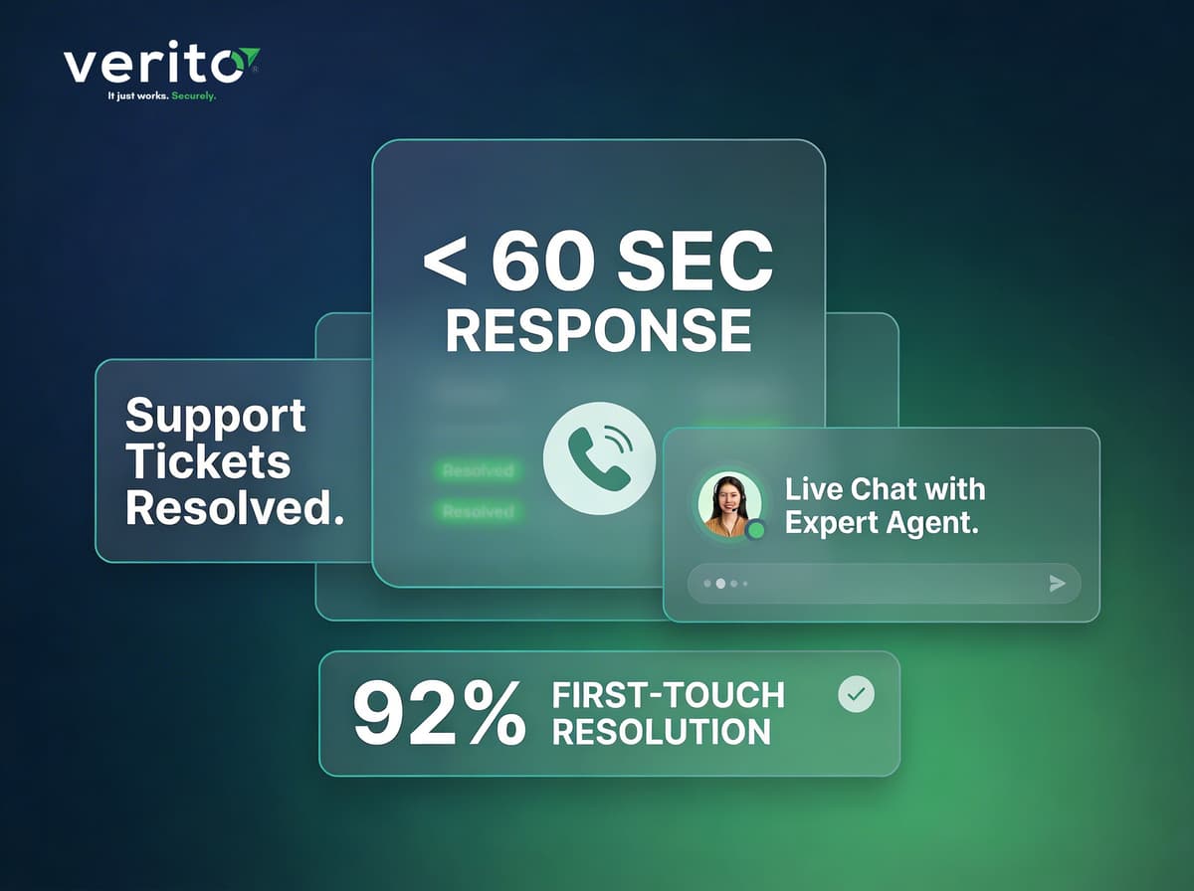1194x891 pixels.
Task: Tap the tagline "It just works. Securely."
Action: (x=162, y=96)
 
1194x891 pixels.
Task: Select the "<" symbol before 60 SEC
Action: (x=445, y=263)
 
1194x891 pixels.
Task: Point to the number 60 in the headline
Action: (x=541, y=263)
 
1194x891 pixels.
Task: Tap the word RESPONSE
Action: (x=598, y=330)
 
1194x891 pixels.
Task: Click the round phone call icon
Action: (x=598, y=458)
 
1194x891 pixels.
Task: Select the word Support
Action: (x=216, y=416)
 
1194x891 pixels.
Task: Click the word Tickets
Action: (x=208, y=462)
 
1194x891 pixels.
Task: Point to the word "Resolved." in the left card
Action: (x=235, y=508)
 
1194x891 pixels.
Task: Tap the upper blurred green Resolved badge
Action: (x=479, y=470)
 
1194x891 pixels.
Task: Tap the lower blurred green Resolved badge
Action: (x=479, y=511)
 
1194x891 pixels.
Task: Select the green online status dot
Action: (x=755, y=530)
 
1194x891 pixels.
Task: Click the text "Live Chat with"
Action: (x=885, y=489)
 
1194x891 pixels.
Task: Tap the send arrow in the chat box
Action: (x=1058, y=584)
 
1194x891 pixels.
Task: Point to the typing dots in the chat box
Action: (x=726, y=584)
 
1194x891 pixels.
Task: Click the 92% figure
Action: (x=439, y=714)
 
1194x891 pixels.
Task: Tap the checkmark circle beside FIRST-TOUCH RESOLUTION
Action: (x=856, y=694)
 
